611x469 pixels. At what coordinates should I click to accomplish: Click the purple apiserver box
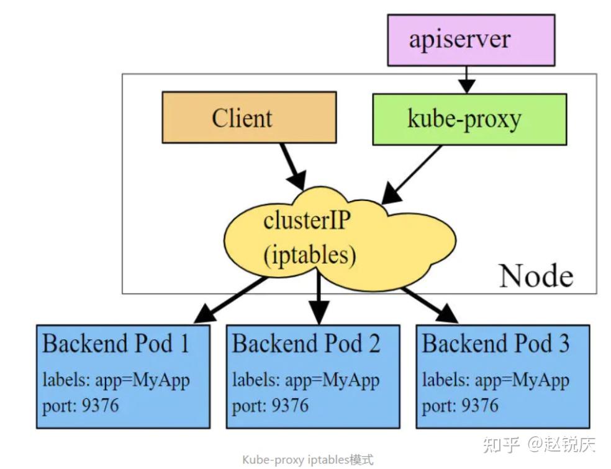pyautogui.click(x=471, y=40)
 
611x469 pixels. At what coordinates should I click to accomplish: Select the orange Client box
pyautogui.click(x=249, y=117)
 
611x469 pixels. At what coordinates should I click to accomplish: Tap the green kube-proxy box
pyautogui.click(x=469, y=119)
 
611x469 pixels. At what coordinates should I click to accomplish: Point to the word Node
pyautogui.click(x=536, y=275)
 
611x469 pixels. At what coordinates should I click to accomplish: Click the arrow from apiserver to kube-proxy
pyautogui.click(x=466, y=79)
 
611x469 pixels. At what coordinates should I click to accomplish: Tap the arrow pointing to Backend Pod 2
pyautogui.click(x=319, y=298)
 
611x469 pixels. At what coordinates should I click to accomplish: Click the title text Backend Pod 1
pyautogui.click(x=115, y=343)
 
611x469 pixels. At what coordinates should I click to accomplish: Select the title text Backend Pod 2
pyautogui.click(x=305, y=343)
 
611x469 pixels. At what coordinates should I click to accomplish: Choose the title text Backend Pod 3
pyautogui.click(x=496, y=343)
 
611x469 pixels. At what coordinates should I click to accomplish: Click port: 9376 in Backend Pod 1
pyautogui.click(x=80, y=406)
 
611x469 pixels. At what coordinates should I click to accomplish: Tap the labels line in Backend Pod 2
pyautogui.click(x=305, y=379)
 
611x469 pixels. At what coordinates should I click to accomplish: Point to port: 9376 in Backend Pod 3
pyautogui.click(x=460, y=406)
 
